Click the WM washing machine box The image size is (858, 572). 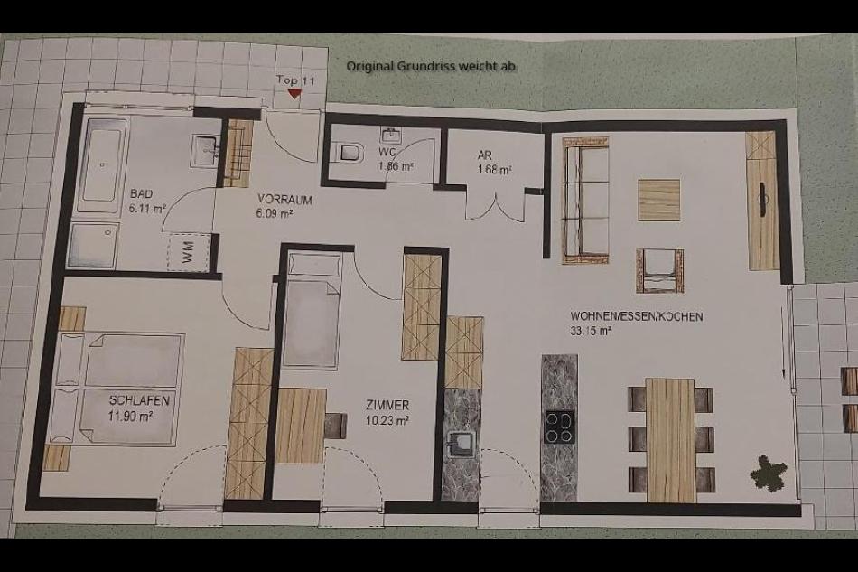click(189, 252)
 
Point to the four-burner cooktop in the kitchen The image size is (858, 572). click(559, 427)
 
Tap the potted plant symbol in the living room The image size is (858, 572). click(769, 472)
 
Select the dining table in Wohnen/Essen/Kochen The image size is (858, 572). click(671, 439)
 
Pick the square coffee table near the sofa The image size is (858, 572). click(659, 200)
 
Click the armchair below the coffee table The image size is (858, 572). click(659, 270)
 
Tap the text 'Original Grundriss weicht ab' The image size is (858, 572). click(431, 66)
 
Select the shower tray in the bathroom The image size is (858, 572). click(92, 245)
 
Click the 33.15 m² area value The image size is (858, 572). click(593, 331)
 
